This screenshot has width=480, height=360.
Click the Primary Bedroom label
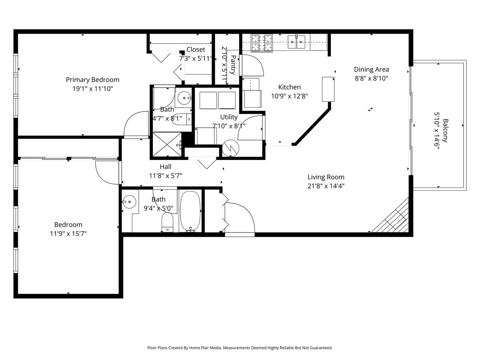pos(92,80)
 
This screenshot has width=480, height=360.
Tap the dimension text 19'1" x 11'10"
pos(92,88)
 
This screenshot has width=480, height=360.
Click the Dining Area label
pos(371,69)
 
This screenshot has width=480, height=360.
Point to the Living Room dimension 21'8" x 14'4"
pos(326,186)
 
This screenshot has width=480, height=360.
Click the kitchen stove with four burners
pos(262,42)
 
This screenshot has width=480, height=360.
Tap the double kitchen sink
pos(296,42)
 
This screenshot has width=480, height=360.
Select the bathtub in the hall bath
pos(190,211)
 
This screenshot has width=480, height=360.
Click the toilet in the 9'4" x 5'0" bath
pos(167,222)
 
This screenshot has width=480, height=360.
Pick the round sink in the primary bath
pos(184,97)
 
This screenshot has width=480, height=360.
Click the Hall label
pos(166,167)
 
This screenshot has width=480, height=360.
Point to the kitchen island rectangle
pos(328,89)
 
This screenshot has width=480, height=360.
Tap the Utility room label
pos(229,117)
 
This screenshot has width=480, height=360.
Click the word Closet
pos(196,50)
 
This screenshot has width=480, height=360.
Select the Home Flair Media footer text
pos(240,348)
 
